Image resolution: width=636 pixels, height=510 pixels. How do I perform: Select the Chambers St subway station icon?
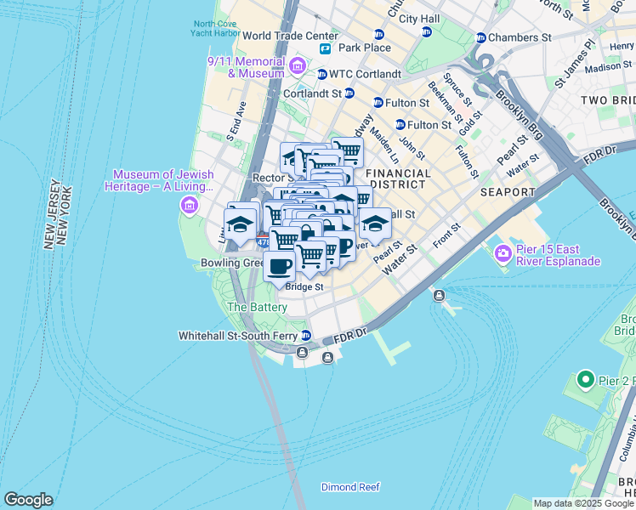480,38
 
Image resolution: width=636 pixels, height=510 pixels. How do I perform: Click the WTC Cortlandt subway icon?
322,74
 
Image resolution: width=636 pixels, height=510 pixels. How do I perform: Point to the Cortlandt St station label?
312,93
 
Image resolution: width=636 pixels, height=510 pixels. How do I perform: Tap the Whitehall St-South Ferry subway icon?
305,336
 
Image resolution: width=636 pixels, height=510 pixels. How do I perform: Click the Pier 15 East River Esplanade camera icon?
503,252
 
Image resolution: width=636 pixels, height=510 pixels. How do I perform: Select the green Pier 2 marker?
584,379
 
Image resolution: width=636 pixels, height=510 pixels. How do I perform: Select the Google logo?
28,500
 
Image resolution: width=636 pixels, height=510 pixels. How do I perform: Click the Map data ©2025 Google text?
582,503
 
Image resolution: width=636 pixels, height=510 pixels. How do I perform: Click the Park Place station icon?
325,48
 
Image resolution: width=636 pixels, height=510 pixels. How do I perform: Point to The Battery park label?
257,307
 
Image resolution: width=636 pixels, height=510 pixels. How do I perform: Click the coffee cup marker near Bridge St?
279,267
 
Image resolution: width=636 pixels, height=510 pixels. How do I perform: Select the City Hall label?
419,18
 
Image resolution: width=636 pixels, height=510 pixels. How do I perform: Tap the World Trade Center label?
290,37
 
